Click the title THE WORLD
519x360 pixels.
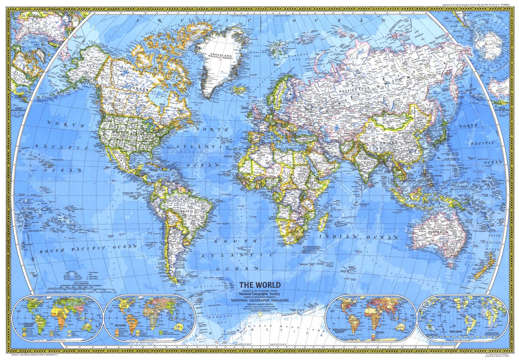click(x=259, y=285)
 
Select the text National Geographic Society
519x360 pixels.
click(x=259, y=293)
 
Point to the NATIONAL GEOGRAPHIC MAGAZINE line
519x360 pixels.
click(x=259, y=300)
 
